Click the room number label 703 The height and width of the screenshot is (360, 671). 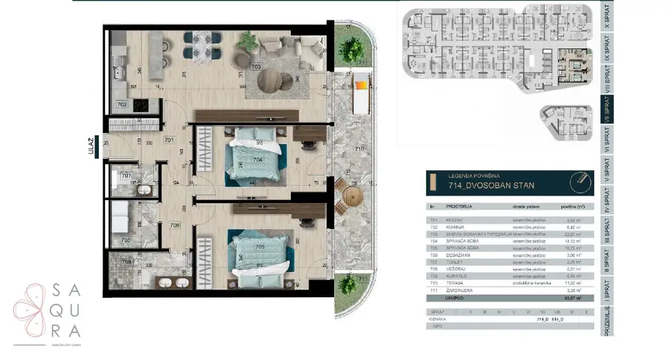(x=256, y=66)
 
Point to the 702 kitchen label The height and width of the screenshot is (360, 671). (x=122, y=104)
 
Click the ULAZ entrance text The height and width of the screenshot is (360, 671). (x=96, y=143)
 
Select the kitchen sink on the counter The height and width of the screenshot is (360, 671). (x=119, y=64)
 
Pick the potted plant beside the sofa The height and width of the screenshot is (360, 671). (x=248, y=41)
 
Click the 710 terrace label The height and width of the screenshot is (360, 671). (x=359, y=150)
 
